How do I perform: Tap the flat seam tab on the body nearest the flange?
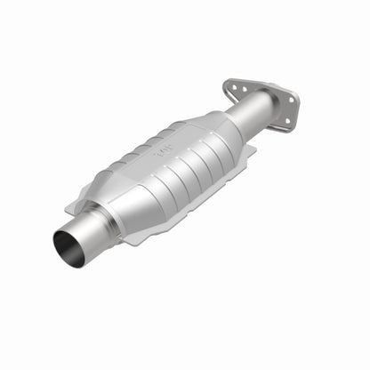(x=250, y=150)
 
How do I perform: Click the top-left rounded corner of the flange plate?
(x=228, y=82)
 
